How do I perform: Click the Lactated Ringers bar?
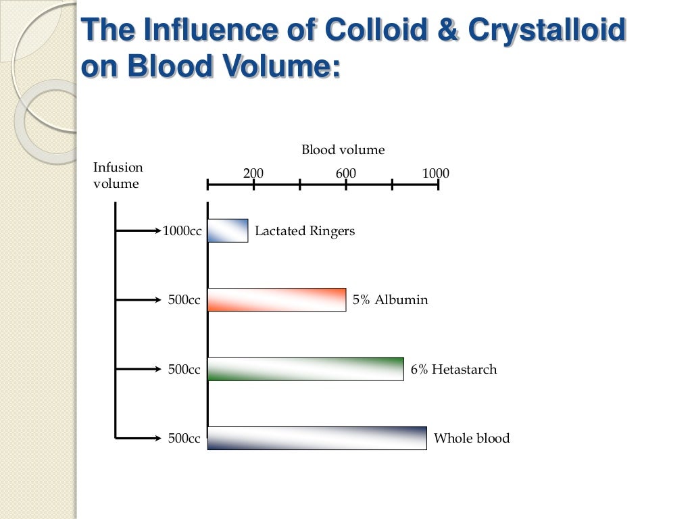[228, 230]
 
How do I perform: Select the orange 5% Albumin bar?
[276, 300]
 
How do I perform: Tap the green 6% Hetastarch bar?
[305, 369]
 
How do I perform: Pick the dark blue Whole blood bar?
[317, 438]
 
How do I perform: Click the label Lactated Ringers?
[304, 231]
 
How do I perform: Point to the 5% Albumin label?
[390, 300]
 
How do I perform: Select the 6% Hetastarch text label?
[453, 369]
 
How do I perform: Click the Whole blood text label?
[471, 438]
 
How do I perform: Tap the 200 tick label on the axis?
[253, 174]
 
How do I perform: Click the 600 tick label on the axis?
[345, 174]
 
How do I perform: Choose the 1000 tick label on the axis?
[435, 174]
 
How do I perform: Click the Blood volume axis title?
[343, 150]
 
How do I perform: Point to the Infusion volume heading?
[118, 176]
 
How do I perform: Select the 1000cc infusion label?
[182, 231]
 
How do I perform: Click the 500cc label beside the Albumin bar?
[184, 300]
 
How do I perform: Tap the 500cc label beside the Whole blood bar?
[184, 438]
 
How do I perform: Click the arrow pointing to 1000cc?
[139, 231]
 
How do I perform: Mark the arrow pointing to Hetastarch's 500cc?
[139, 369]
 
